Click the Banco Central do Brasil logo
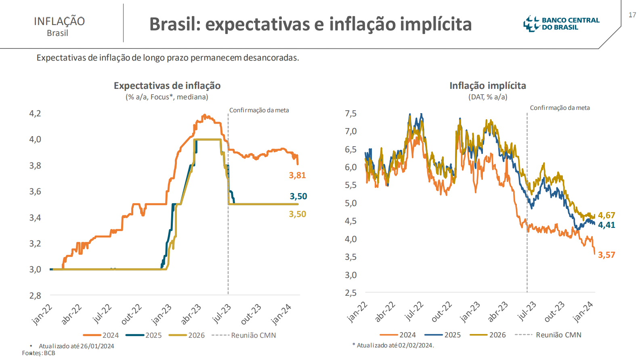(561, 24)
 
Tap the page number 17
(632, 15)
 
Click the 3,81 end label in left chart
(297, 175)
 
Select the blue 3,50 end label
(298, 196)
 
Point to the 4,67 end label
(606, 215)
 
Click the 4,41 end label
(606, 225)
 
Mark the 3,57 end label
(606, 255)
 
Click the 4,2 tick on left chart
(35, 114)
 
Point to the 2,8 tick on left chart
(35, 296)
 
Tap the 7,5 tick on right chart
(350, 114)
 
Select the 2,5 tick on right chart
(350, 293)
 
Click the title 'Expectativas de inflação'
(167, 86)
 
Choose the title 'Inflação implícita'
(488, 86)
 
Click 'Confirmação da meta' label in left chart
(259, 110)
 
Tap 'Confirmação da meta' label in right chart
(560, 108)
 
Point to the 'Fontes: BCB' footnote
(39, 353)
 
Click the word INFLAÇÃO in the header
(59, 21)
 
